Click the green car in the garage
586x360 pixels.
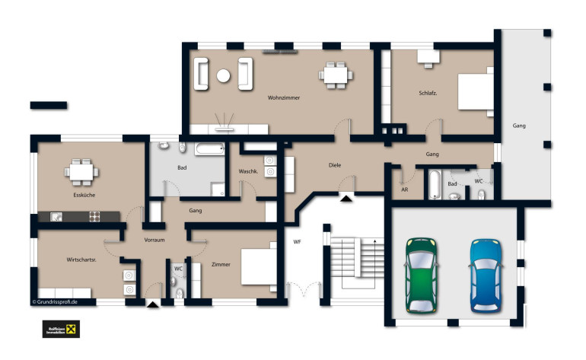point(421,276)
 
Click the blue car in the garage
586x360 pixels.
point(486,276)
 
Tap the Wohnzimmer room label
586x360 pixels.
point(284,97)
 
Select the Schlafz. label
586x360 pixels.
point(428,93)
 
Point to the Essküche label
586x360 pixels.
point(84,195)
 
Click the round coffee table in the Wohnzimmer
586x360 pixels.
point(223,75)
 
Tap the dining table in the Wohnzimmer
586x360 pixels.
point(336,75)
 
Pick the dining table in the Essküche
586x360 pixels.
point(81,172)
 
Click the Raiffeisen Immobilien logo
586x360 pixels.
point(61,330)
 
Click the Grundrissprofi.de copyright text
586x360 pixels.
point(55,301)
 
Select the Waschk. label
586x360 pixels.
point(248,171)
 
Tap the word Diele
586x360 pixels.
point(335,165)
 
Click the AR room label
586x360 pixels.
point(404,190)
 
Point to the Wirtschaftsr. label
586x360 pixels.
point(81,260)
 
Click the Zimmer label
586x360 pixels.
point(221,264)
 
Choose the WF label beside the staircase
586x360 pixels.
point(297,242)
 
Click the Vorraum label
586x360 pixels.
point(154,240)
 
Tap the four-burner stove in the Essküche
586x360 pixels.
point(94,216)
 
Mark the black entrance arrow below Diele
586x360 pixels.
point(346,199)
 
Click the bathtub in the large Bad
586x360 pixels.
point(209,149)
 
